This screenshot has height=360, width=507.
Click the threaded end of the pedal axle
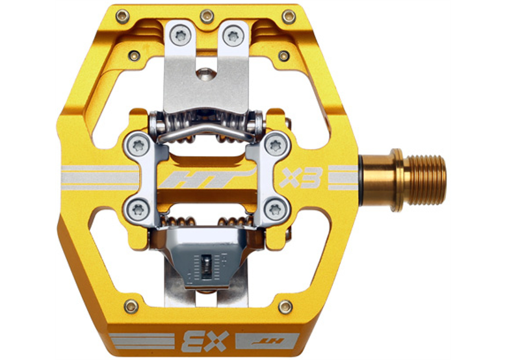pos(426,180)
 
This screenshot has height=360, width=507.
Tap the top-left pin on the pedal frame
pos(122,16)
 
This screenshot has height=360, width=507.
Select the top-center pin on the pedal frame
pos(207,16)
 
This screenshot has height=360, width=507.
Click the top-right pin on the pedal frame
pos(289,16)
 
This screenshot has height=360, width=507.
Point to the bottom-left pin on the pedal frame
pos(131,306)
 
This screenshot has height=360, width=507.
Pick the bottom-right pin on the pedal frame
pos(285,307)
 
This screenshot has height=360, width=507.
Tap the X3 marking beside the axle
pos(302,178)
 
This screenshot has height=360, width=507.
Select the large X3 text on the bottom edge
pos(205,341)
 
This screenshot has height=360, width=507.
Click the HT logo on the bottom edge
pos(267,341)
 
